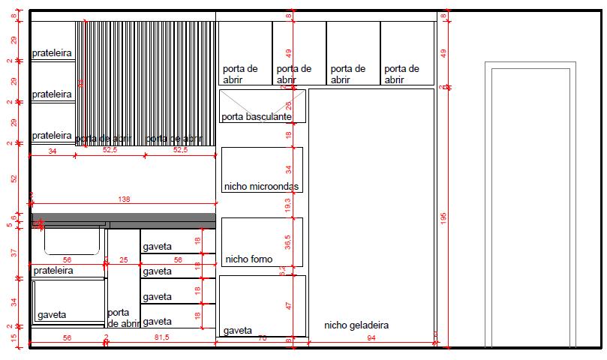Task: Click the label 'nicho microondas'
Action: click(x=262, y=185)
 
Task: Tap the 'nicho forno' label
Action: click(x=248, y=259)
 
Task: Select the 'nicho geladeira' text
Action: click(x=356, y=325)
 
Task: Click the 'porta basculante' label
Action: click(x=257, y=116)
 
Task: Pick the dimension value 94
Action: click(x=370, y=339)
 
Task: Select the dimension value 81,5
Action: click(x=161, y=339)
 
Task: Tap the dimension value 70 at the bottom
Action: click(x=261, y=339)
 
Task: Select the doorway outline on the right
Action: click(x=531, y=202)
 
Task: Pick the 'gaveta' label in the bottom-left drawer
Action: click(x=52, y=315)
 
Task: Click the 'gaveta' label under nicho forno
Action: click(x=237, y=330)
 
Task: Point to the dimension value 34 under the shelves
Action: click(x=52, y=151)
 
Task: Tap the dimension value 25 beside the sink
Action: click(x=124, y=259)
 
